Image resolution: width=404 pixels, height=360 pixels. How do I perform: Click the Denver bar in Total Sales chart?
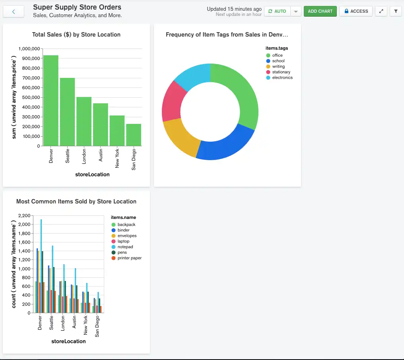[x=51, y=101]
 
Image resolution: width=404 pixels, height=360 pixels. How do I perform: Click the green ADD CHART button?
[x=320, y=11]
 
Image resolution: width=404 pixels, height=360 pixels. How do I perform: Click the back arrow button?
[x=14, y=12]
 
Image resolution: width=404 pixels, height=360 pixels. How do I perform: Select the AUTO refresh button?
[x=277, y=11]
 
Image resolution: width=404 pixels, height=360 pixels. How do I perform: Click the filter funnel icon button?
[x=396, y=11]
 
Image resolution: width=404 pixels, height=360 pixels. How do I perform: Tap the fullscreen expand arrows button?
[x=381, y=11]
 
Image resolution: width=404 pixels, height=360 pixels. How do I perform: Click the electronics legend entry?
[x=282, y=77]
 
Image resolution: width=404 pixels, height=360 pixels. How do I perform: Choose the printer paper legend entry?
[x=129, y=258]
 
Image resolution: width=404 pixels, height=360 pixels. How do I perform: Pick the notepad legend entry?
[x=125, y=247]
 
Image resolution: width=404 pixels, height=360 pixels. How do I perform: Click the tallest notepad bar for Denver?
[x=41, y=266]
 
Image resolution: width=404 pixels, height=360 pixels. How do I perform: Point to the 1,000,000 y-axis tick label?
[x=29, y=48]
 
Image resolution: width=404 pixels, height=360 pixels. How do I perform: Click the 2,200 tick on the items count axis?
[x=24, y=215]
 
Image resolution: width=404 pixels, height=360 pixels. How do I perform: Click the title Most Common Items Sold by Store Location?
[x=76, y=201]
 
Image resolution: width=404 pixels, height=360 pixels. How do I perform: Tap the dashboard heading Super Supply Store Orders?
[x=77, y=7]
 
